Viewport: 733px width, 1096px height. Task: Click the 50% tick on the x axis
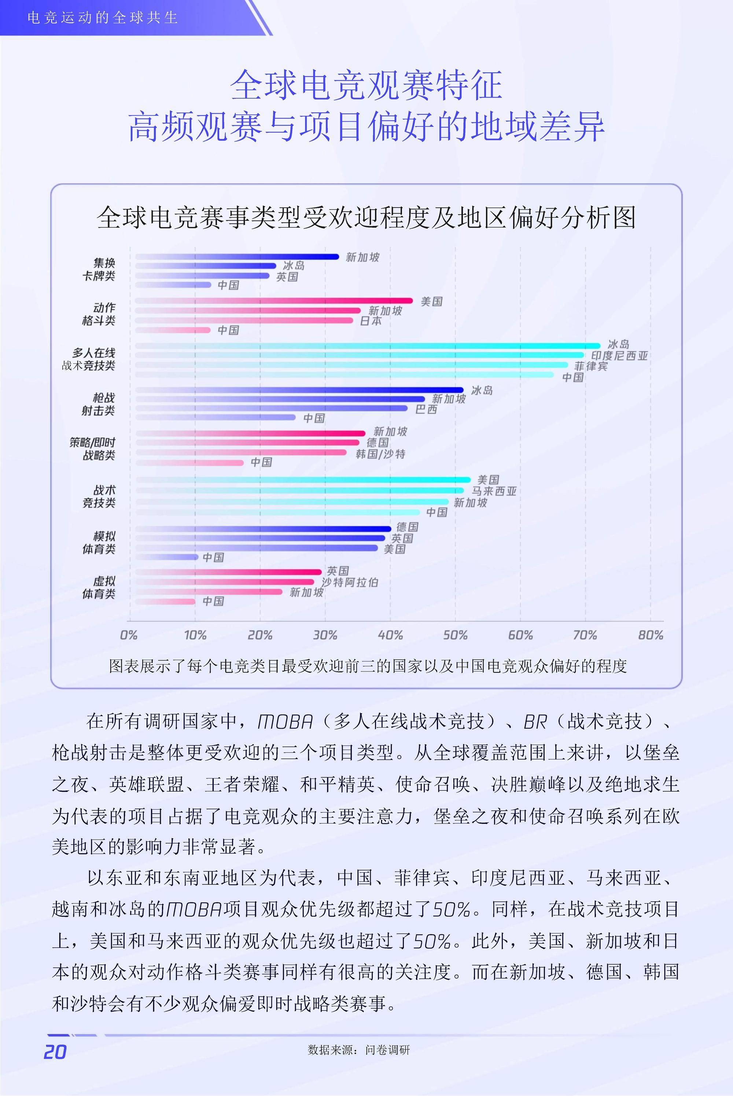click(x=455, y=635)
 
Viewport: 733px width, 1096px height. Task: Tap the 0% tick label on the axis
click(x=129, y=635)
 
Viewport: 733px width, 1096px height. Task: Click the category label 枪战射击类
click(x=99, y=404)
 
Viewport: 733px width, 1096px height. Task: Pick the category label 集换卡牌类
click(x=99, y=269)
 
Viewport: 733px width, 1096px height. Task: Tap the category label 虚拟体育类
click(x=99, y=587)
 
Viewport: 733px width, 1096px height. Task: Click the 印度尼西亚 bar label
click(x=619, y=356)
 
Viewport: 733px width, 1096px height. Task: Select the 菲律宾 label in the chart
click(x=591, y=366)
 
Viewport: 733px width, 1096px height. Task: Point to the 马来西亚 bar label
click(x=494, y=491)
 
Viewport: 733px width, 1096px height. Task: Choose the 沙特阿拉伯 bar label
click(x=350, y=582)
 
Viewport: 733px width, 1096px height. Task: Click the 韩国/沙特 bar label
click(x=380, y=454)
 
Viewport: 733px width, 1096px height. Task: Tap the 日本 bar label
click(x=371, y=321)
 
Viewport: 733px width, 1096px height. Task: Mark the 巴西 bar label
click(x=426, y=409)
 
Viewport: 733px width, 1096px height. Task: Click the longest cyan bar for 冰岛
click(x=368, y=346)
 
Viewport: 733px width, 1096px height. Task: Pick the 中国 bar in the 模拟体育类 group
click(x=167, y=557)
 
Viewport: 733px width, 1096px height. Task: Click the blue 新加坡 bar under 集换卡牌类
click(x=237, y=257)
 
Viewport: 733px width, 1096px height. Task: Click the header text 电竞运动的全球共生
click(x=103, y=18)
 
